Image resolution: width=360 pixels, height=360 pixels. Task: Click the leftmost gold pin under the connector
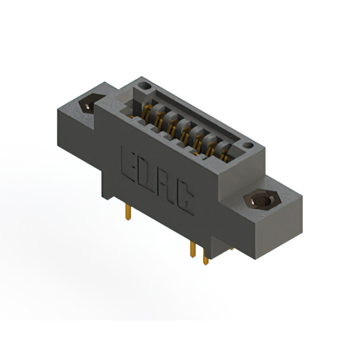128,211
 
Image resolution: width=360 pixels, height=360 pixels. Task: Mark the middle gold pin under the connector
193,250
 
